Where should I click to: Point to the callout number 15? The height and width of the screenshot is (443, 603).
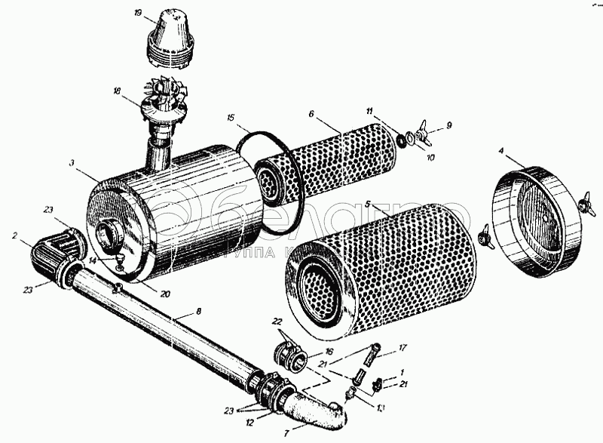231,118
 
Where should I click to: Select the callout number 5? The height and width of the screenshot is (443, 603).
367,204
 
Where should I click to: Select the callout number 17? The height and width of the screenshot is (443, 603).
403,349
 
